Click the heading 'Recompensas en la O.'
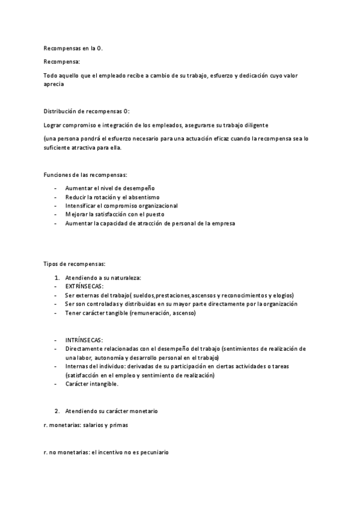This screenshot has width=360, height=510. coord(73,48)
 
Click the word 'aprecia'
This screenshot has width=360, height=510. coord(54,85)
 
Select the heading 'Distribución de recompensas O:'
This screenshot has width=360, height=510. coord(87,111)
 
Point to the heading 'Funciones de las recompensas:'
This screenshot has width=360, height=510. coord(85,174)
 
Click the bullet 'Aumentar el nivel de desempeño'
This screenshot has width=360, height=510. coord(109,188)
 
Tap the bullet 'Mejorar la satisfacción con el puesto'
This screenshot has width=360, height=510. coord(115,214)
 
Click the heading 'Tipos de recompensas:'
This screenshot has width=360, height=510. coord(75,264)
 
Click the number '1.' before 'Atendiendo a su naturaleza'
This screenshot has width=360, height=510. coord(57,278)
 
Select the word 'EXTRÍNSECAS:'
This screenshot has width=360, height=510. coord(84,287)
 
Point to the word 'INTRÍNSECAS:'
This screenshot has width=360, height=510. coord(84,340)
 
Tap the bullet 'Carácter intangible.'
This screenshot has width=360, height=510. coord(92,383)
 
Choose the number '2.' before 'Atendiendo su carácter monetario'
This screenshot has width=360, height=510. coord(57,411)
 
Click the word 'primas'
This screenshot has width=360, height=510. coord(118,425)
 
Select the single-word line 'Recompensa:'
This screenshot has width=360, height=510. coord(61,61)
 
